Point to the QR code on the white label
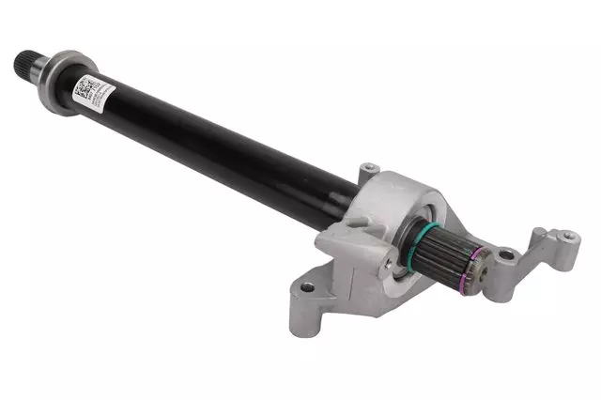pyautogui.click(x=83, y=90)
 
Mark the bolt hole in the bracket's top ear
pyautogui.click(x=369, y=169)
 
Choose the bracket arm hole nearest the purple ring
pyautogui.click(x=507, y=253)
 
